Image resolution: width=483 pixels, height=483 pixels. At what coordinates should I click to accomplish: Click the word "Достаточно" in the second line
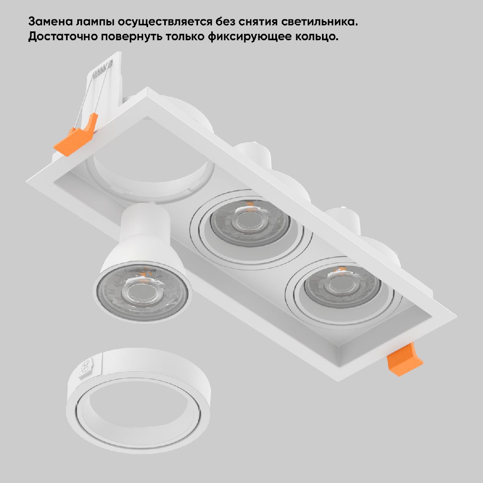pos(63,37)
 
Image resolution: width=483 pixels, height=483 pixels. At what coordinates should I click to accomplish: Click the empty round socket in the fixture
pos(151,173)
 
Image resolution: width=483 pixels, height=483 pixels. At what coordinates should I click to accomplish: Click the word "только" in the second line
pos(185,37)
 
